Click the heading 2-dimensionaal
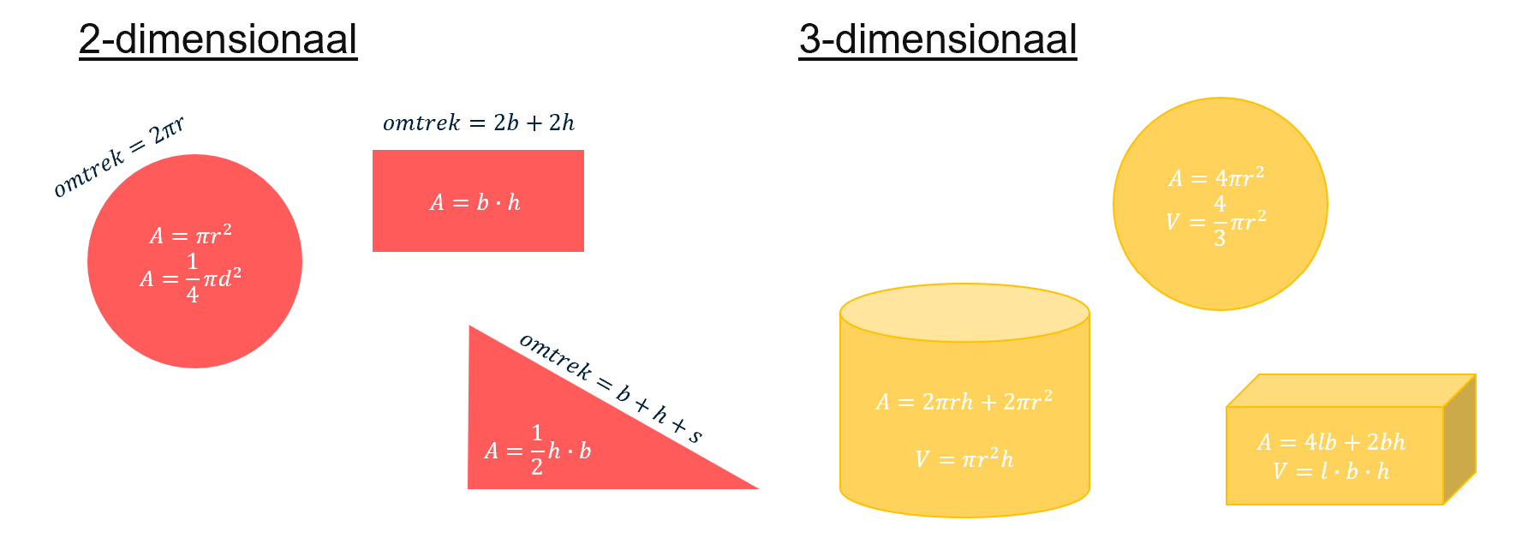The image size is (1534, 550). [x=218, y=40]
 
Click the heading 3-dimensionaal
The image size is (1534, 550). [x=938, y=40]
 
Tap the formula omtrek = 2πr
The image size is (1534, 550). [x=119, y=157]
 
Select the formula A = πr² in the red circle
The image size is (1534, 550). [x=190, y=236]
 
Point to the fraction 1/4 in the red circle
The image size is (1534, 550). [x=193, y=278]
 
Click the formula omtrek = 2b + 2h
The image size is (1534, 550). [x=479, y=123]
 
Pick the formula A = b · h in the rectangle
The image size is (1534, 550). [x=475, y=203]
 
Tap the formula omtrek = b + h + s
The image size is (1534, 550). [x=611, y=388]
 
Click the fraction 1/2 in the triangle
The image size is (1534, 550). [x=537, y=450]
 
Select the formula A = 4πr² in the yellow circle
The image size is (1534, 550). [x=1216, y=178]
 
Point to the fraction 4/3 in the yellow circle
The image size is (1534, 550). [x=1220, y=221]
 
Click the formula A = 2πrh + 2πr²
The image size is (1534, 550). [x=964, y=402]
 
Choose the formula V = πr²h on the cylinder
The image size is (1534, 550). [x=964, y=460]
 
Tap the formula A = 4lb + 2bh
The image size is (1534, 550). [x=1332, y=443]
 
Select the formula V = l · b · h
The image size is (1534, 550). [x=1332, y=471]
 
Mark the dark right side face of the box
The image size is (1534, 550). [x=1459, y=439]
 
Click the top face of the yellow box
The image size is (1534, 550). [x=1352, y=391]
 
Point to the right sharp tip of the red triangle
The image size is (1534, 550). [x=758, y=488]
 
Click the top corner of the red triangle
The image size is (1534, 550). [x=469, y=326]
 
